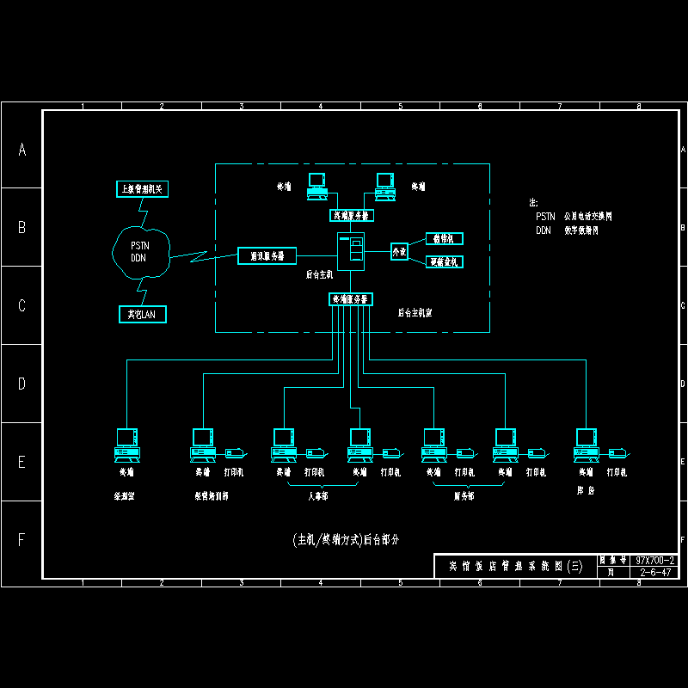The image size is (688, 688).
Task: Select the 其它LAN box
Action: point(142,315)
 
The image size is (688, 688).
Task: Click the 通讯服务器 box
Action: point(267,255)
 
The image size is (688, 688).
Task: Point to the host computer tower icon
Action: point(350,251)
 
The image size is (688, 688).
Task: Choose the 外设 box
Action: point(399,252)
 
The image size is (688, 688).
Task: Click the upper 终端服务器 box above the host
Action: point(351,215)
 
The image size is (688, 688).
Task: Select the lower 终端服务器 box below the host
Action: point(351,299)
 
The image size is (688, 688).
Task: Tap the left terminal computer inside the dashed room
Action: point(317,186)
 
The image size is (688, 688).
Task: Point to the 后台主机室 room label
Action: point(415,313)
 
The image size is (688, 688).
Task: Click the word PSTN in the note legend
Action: point(545,217)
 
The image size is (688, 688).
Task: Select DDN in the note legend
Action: point(543,230)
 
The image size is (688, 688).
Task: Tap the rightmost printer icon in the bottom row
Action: point(617,452)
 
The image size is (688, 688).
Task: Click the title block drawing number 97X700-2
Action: point(654,560)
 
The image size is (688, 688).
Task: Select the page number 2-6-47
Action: point(654,571)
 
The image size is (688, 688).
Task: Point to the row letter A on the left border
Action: point(22,150)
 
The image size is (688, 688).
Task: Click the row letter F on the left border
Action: point(22,540)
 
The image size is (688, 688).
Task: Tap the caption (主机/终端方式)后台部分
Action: point(346,540)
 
